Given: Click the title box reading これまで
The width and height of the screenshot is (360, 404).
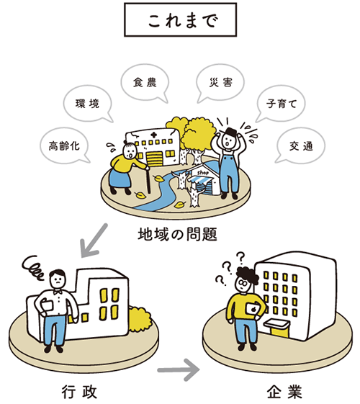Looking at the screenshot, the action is (180, 20).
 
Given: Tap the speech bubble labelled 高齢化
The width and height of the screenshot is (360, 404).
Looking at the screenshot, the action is (64, 145).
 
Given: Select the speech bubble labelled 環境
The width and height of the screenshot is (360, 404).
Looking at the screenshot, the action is (88, 104).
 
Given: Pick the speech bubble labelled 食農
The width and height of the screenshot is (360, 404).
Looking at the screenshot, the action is (145, 83).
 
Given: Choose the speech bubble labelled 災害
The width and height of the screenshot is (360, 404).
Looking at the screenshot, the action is (220, 83).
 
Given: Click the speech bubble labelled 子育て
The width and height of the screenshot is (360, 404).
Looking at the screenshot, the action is (281, 104).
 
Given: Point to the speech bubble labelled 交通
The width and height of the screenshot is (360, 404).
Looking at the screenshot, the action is (300, 146).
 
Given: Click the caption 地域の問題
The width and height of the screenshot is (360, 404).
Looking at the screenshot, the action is (177, 234).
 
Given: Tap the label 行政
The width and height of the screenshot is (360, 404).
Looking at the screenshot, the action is (79, 392).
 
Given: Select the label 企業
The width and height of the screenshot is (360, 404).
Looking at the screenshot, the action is (284, 392).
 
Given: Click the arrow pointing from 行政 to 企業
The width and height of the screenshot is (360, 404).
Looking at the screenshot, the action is (179, 370).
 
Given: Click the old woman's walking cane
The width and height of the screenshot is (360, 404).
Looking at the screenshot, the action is (148, 180).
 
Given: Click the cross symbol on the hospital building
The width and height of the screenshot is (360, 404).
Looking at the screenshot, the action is (154, 135).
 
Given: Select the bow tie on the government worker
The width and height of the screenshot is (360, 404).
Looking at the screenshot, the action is (58, 292).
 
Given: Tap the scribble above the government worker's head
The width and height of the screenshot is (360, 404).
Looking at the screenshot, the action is (34, 268).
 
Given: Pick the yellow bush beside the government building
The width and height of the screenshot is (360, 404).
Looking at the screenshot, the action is (139, 319).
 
